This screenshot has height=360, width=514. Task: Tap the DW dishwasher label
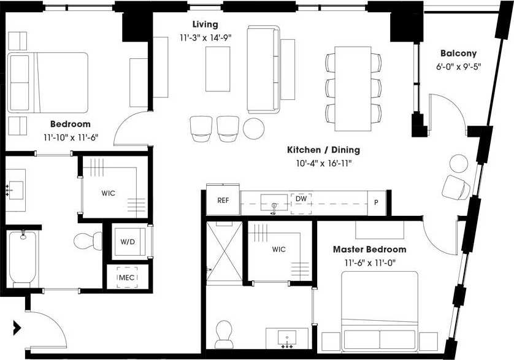[301, 199]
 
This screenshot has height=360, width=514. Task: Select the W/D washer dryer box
[128, 242]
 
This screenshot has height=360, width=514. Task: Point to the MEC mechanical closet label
[126, 278]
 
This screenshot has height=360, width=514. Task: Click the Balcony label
[458, 53]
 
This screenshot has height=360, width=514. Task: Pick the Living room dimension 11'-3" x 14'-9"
[204, 37]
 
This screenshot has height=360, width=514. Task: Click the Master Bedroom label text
[369, 250]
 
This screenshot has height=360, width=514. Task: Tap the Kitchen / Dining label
[323, 150]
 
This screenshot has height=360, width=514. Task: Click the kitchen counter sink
[274, 202]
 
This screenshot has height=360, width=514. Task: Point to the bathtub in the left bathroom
[23, 258]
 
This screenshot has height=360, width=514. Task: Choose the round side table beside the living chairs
[254, 128]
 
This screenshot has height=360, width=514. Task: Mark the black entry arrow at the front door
[17, 327]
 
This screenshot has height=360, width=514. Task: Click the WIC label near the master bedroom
[278, 250]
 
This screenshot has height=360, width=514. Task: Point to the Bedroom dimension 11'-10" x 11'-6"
[71, 137]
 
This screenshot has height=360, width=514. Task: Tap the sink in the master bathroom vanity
[286, 337]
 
